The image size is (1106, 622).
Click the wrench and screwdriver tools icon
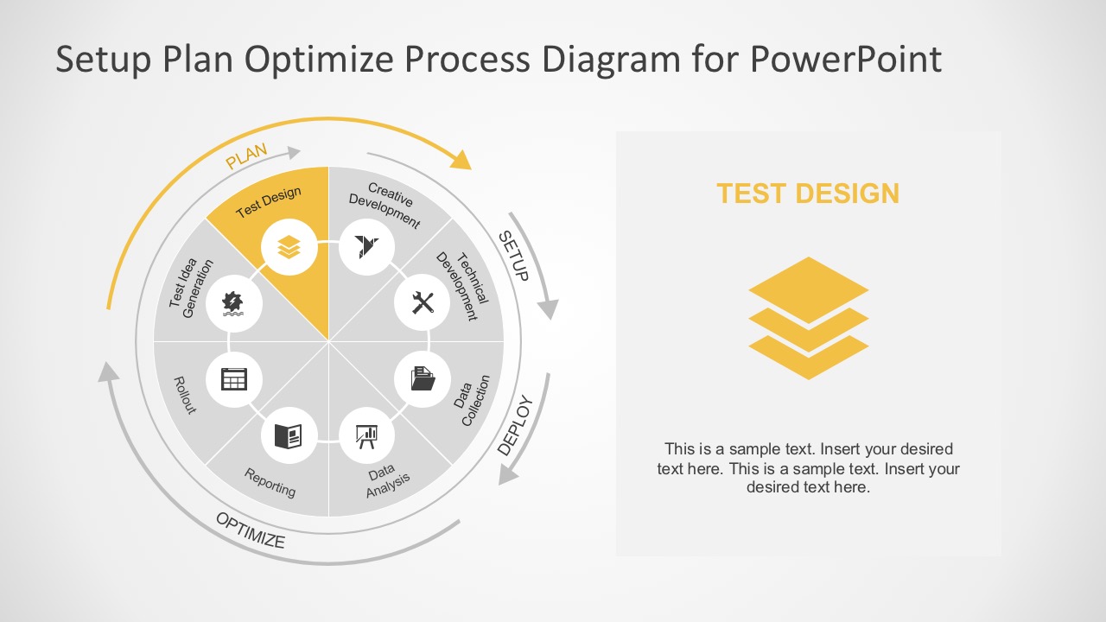coord(423,303)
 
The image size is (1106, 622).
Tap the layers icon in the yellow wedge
coord(289,247)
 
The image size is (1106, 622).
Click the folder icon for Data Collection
coord(423,378)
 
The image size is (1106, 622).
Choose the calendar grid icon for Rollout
coord(234,379)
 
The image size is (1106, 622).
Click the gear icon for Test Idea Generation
coord(232,302)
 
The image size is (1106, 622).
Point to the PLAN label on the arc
coord(246,156)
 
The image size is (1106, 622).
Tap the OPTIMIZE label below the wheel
coord(251,530)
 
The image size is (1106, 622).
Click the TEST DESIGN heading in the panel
coord(808,194)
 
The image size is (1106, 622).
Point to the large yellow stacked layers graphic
coord(808,318)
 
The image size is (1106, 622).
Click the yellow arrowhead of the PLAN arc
coord(462,160)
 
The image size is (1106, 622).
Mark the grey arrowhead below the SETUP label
coord(548,309)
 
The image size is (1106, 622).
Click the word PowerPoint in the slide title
coord(845,60)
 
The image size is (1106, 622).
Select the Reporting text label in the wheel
coord(270,482)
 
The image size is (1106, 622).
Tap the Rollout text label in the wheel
coord(185,394)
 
